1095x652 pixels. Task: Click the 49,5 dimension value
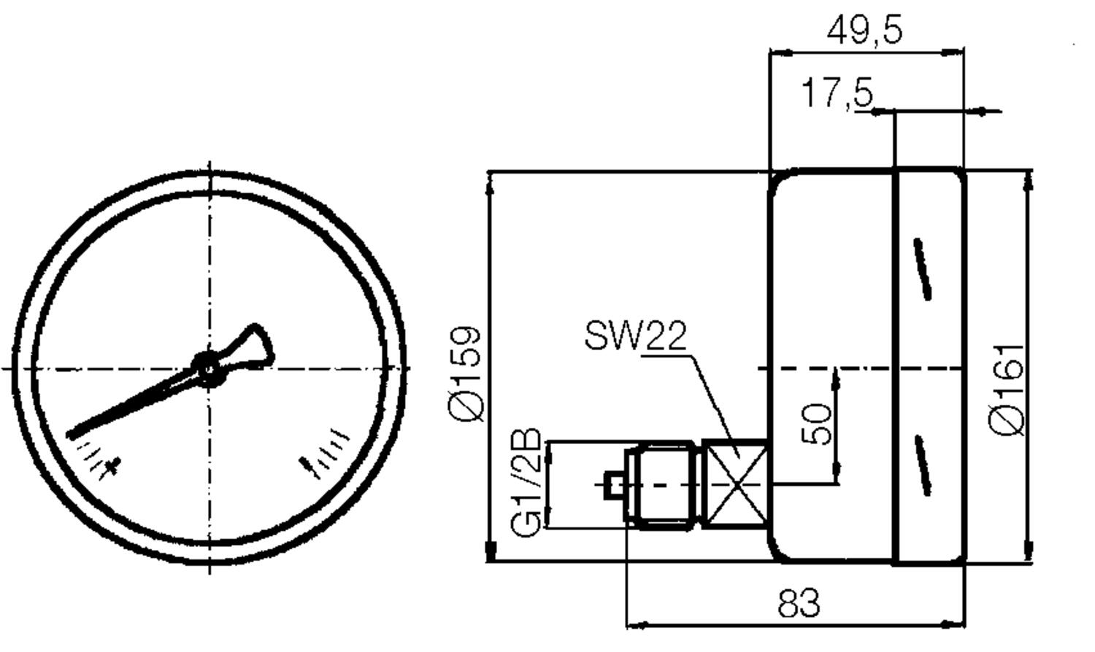(865, 31)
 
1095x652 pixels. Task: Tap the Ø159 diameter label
(466, 373)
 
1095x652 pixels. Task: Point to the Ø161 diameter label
(1007, 389)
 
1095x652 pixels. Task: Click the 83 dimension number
(799, 604)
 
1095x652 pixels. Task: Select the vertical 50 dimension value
(816, 424)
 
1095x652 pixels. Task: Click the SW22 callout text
(635, 336)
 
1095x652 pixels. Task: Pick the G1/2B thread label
(526, 482)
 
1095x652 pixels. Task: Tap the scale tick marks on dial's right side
(328, 452)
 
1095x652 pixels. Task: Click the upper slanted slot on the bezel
(923, 268)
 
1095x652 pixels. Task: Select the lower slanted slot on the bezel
(923, 465)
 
